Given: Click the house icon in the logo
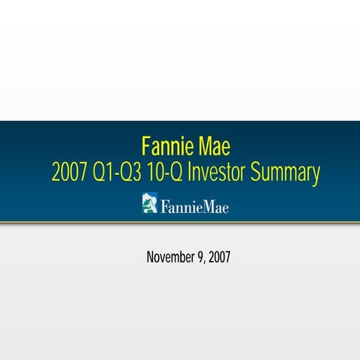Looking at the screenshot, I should [x=150, y=203].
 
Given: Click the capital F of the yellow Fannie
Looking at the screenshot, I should [x=145, y=145].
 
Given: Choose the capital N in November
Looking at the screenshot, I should [x=151, y=257].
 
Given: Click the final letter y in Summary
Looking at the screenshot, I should [x=316, y=176].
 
